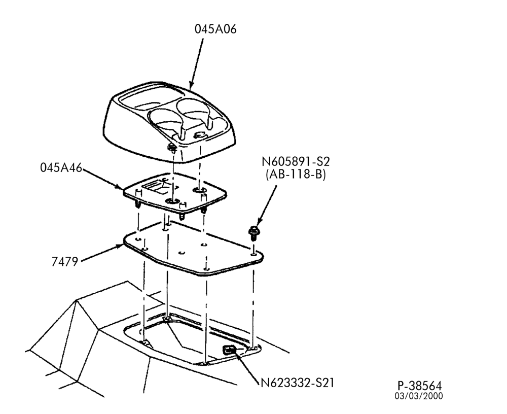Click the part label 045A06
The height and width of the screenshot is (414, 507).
coord(215,29)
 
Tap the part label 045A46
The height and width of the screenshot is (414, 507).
coord(61,167)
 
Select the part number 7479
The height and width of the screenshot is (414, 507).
coord(65,262)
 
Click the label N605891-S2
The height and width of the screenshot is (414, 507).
coord(296,161)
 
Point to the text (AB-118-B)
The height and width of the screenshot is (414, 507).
coord(296,175)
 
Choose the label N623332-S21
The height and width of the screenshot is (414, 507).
coord(297,383)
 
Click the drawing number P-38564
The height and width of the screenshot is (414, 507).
coord(419,386)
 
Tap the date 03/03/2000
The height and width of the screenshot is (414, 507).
coord(418,396)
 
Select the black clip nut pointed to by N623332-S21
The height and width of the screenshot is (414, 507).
coord(229,350)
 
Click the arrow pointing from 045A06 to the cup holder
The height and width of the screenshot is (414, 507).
coord(196,64)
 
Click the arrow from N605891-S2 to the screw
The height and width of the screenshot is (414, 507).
coord(266,206)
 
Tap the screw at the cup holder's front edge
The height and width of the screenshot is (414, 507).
coord(172,149)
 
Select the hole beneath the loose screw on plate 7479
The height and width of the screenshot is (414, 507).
coord(253,254)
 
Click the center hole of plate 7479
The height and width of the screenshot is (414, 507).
coord(182,253)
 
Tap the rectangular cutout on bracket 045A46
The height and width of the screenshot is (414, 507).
coord(156,188)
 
